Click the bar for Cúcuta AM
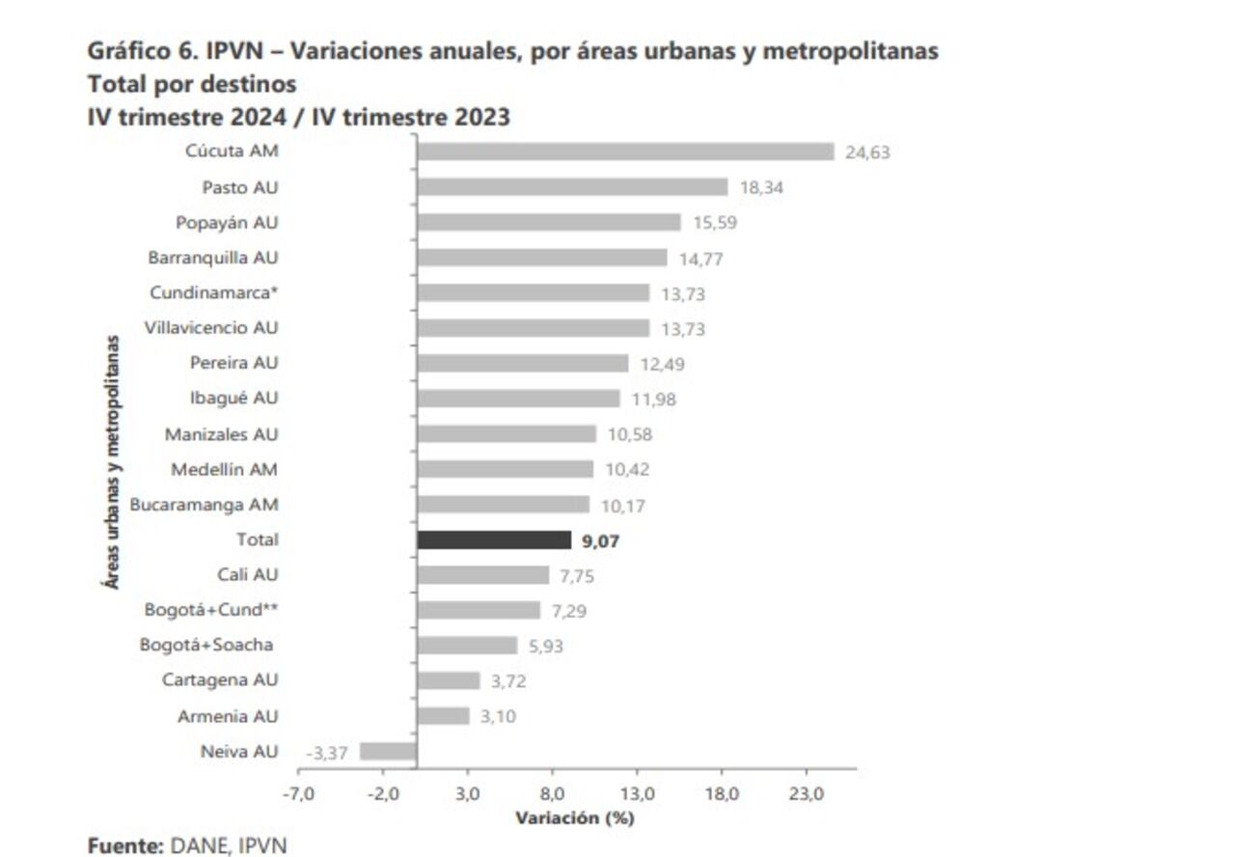pos(625,152)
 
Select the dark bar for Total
pos(494,540)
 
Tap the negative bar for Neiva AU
pos(388,752)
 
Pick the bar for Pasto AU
pos(572,187)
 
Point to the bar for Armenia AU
pos(443,716)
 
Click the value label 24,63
pos(867,152)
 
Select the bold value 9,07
pos(600,541)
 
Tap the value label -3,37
pos(326,753)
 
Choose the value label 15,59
pos(714,223)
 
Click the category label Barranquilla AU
pos(213,258)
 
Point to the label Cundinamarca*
pos(214,292)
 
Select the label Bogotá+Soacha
pos(206,645)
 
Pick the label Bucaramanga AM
pos(204,504)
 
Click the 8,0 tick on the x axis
pos(552,793)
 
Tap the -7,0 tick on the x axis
pos(298,793)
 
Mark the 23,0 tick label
pos(806,793)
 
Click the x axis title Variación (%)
pos(574,818)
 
